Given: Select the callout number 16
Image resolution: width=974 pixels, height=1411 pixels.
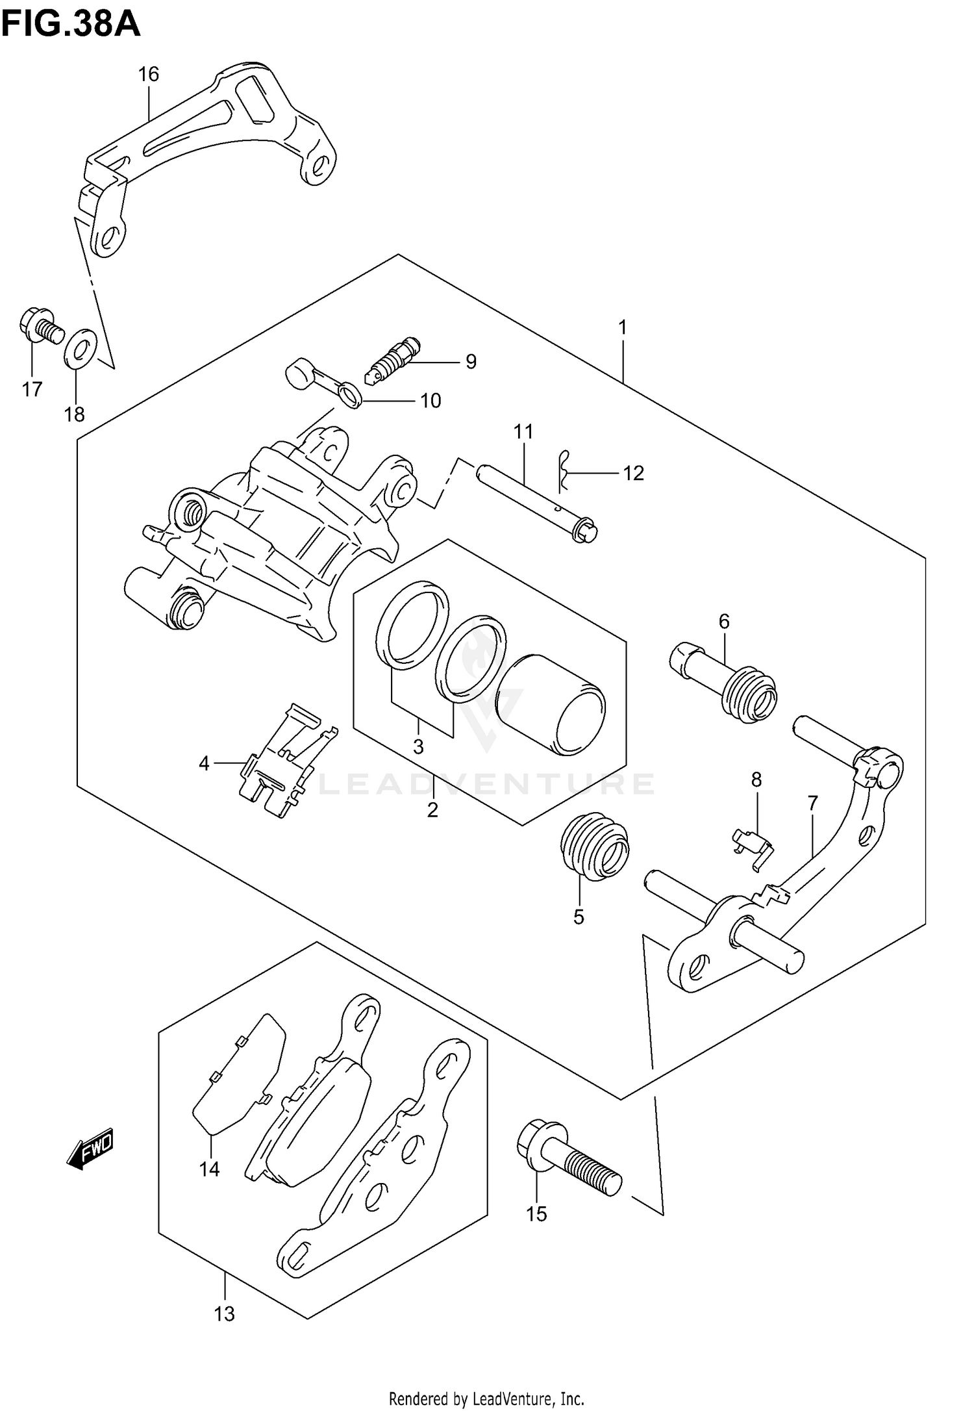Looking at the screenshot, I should [x=149, y=75].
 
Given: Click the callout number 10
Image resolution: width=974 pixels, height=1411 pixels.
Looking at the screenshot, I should [x=431, y=401].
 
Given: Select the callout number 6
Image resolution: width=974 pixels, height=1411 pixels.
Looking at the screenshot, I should [x=724, y=622].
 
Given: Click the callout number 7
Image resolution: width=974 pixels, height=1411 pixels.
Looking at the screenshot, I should [x=813, y=803].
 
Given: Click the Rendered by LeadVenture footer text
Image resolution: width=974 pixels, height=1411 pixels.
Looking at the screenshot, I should [x=486, y=1394].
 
